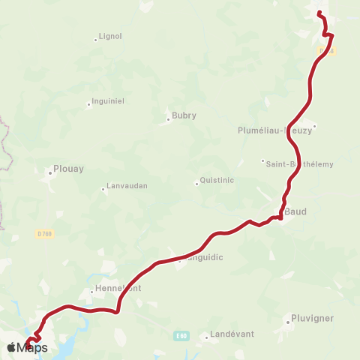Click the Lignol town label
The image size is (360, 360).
[110, 35]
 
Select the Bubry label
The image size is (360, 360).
[184, 115]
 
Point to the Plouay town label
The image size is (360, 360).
[69, 169]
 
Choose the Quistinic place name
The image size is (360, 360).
[218, 181]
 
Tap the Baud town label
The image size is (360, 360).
[295, 211]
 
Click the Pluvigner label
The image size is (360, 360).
[313, 319]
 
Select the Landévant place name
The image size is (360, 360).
[232, 334]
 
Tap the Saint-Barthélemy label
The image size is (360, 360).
[300, 163]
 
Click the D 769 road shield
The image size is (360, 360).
[45, 233]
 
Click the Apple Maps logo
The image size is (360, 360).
[28, 347]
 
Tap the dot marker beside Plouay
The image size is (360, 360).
[49, 172]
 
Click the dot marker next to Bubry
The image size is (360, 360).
[168, 118]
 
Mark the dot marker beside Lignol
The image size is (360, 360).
[96, 39]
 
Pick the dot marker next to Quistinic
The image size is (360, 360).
[196, 183]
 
